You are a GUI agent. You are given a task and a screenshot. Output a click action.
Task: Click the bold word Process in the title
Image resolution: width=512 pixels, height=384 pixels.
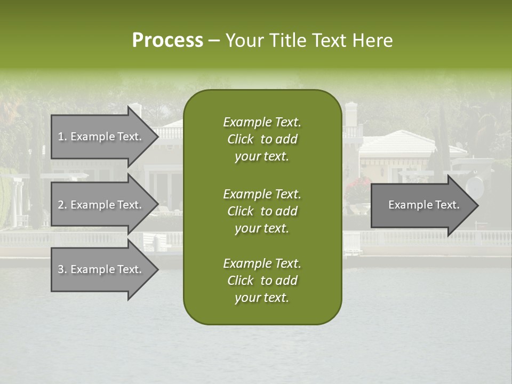[x=167, y=41]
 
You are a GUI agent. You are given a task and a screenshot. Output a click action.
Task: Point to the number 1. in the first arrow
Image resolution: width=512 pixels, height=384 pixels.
[x=62, y=137]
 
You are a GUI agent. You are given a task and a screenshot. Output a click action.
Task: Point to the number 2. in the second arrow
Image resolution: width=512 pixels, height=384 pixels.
[x=62, y=205]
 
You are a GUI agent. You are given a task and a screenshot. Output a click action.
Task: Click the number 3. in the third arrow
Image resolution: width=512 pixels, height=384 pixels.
[x=62, y=269]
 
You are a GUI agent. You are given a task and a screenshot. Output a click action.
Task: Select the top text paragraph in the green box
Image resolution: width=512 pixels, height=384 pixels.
[x=262, y=139]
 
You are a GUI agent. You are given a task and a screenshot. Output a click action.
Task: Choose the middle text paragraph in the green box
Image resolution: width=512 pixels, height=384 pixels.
[x=262, y=211]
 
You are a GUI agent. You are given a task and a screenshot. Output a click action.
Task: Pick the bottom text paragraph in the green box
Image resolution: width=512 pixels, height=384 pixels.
[x=262, y=281]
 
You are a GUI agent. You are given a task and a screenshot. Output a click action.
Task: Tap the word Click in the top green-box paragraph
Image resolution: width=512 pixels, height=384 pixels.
[x=241, y=139]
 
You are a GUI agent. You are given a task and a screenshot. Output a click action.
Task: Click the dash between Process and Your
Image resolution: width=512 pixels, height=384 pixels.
[x=214, y=41]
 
